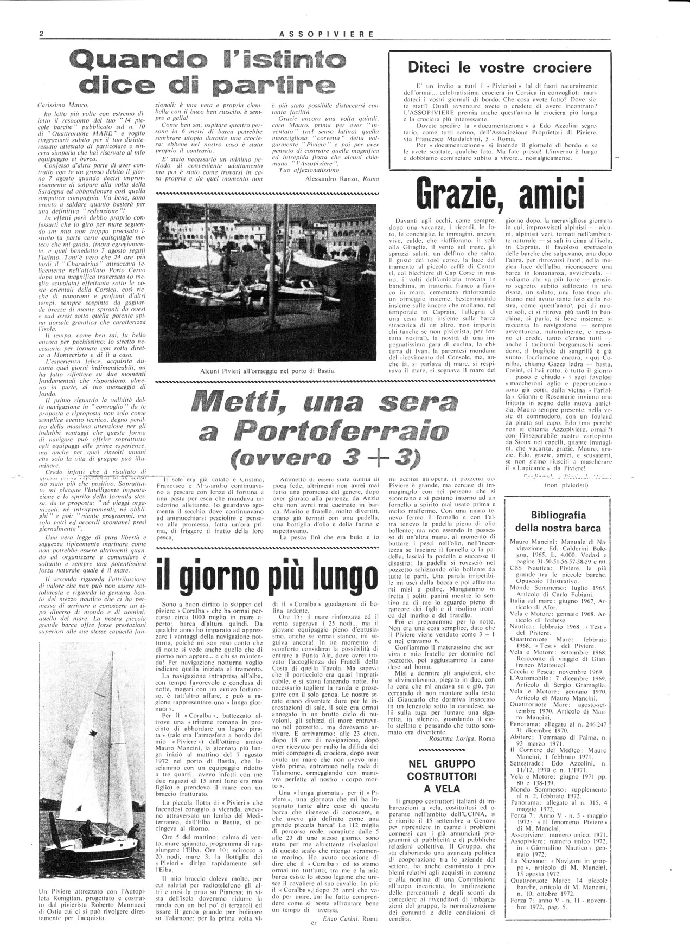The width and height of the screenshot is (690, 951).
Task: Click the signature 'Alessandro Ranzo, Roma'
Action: pos(336,178)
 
